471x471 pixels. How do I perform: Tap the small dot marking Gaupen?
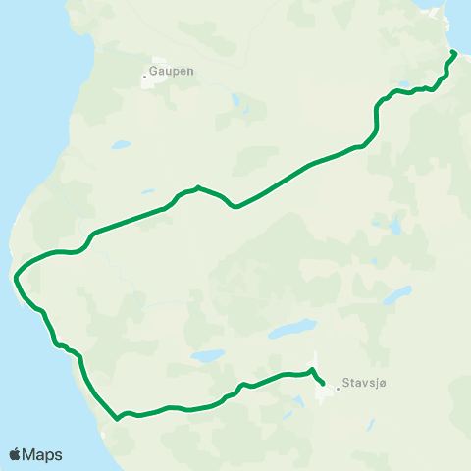pyautogui.click(x=144, y=77)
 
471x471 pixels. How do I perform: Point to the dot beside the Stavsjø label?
pyautogui.click(x=338, y=388)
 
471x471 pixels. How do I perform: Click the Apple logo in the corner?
pyautogui.click(x=15, y=455)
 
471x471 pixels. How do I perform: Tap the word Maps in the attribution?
pyautogui.click(x=42, y=455)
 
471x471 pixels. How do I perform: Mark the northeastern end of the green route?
pyautogui.click(x=453, y=51)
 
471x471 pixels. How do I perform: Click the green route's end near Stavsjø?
pyautogui.click(x=323, y=384)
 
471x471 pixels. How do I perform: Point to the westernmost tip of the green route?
pyautogui.click(x=16, y=279)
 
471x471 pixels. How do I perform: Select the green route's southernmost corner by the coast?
pyautogui.click(x=117, y=418)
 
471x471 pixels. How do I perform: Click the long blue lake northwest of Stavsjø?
pyautogui.click(x=293, y=328)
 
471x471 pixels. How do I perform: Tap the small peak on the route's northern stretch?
pyautogui.click(x=198, y=186)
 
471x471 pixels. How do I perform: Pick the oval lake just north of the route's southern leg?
pyautogui.click(x=207, y=356)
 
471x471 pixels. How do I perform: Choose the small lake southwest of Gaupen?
pyautogui.click(x=121, y=145)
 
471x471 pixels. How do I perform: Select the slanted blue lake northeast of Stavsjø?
pyautogui.click(x=396, y=296)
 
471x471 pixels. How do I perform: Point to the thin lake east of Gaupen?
pyautogui.click(x=236, y=102)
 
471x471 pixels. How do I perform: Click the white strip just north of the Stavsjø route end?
pyautogui.click(x=317, y=362)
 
